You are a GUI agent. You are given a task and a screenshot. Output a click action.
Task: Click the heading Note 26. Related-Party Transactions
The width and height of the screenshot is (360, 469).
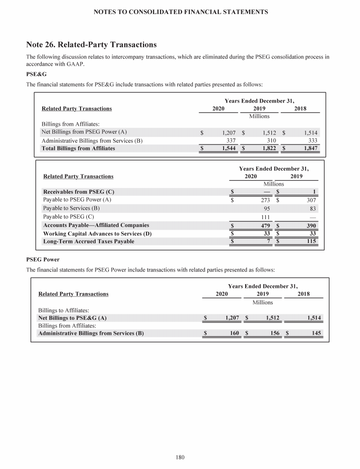point(91,45)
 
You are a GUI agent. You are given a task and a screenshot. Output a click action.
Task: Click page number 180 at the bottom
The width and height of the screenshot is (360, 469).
point(180,458)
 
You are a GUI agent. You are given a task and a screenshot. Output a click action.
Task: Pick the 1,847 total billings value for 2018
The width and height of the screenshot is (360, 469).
point(310,149)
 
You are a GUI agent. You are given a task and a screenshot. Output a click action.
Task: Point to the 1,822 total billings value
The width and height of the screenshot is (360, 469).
point(269,149)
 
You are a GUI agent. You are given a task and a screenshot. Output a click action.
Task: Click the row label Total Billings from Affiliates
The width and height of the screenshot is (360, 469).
point(78,149)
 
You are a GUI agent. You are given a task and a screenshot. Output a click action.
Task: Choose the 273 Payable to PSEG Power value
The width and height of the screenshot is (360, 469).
point(263,200)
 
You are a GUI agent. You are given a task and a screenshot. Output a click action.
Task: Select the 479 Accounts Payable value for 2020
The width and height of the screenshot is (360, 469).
point(263,226)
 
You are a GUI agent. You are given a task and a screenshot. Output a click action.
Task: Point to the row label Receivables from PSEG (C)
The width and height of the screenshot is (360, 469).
point(78,192)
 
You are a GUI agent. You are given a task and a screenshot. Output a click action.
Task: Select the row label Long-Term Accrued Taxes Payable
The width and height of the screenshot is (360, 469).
point(88,242)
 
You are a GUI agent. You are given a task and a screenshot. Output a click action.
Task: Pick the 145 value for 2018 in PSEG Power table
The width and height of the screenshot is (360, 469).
point(315,333)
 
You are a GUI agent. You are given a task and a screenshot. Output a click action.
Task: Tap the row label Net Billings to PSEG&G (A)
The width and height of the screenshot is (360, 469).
point(72,318)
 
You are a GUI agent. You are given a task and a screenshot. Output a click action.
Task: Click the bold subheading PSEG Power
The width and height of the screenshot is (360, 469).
point(43,259)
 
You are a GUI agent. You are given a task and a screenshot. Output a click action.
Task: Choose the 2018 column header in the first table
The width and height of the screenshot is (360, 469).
point(300,109)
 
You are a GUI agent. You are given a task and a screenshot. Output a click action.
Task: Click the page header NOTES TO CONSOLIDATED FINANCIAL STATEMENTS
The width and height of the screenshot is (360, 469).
point(180,11)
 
